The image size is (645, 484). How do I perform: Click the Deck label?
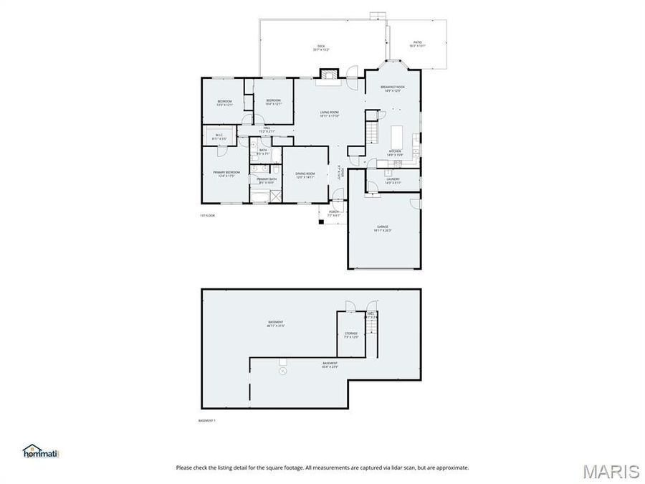pos(321,48)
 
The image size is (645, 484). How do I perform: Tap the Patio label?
pos(417,44)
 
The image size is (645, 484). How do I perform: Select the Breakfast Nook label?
pos(392,89)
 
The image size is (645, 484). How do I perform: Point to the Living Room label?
pos(329,114)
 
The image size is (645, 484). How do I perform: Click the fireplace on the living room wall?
pos(329,74)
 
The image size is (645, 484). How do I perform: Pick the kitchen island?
pos(397,136)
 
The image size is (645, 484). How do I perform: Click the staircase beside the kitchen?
pos(372,133)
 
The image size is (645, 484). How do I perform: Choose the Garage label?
pos(383,229)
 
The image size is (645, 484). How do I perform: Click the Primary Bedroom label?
pos(226,174)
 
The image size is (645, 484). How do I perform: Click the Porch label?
pos(333,213)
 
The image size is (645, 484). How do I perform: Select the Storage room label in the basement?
pos(350,335)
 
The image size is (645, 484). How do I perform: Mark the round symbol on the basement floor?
pos(282,371)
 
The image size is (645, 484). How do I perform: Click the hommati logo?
pos(41,452)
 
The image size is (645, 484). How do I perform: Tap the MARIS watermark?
pos(611,471)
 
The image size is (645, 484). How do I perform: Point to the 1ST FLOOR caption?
pos(207,215)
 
